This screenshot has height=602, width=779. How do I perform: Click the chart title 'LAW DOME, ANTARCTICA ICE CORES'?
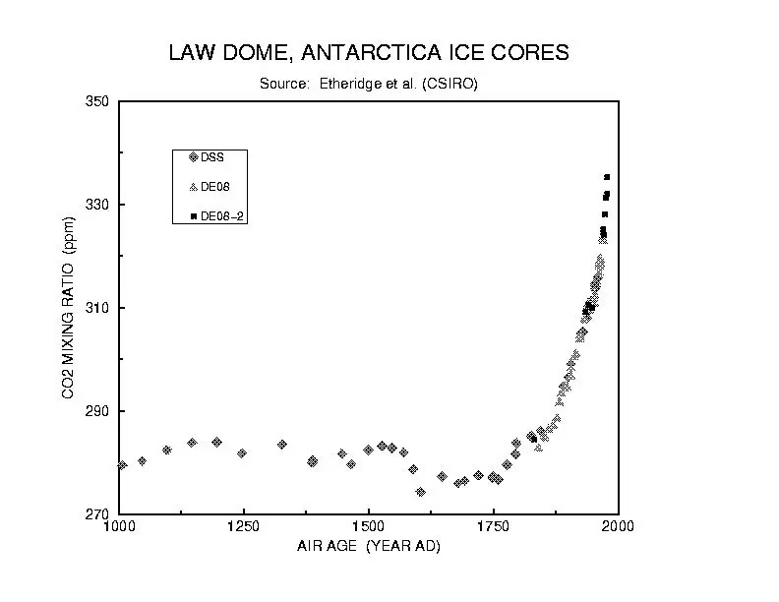tap(369, 52)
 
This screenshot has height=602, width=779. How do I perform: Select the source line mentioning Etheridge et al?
tap(369, 84)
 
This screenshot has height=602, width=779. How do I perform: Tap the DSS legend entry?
tap(207, 156)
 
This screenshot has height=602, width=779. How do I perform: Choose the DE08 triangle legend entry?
tap(209, 186)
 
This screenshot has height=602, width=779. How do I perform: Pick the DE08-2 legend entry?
tap(215, 216)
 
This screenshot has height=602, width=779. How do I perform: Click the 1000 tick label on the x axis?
tap(119, 526)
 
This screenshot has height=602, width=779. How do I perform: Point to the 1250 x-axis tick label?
tap(243, 526)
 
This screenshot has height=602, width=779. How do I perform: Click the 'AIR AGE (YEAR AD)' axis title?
tap(369, 546)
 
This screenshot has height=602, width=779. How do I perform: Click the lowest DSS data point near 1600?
tap(420, 492)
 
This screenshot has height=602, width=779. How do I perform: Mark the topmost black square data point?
tap(607, 177)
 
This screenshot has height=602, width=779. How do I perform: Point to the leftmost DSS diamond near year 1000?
tap(122, 465)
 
